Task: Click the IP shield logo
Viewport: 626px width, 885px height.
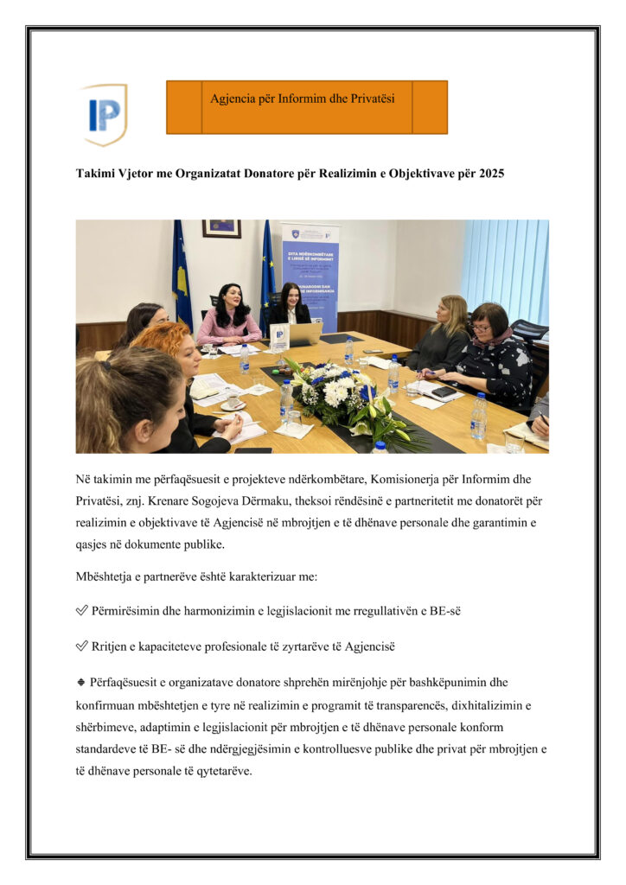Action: coord(105,113)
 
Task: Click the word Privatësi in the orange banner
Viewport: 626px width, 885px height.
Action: coord(369,99)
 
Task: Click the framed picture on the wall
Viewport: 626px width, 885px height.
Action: coord(221,228)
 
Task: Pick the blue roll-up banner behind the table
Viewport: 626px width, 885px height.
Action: coord(310,272)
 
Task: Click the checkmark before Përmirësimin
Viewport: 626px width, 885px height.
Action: coord(82,611)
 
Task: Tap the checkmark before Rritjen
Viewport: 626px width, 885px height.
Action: coord(82,646)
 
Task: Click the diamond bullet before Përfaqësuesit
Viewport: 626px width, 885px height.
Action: coord(80,682)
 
